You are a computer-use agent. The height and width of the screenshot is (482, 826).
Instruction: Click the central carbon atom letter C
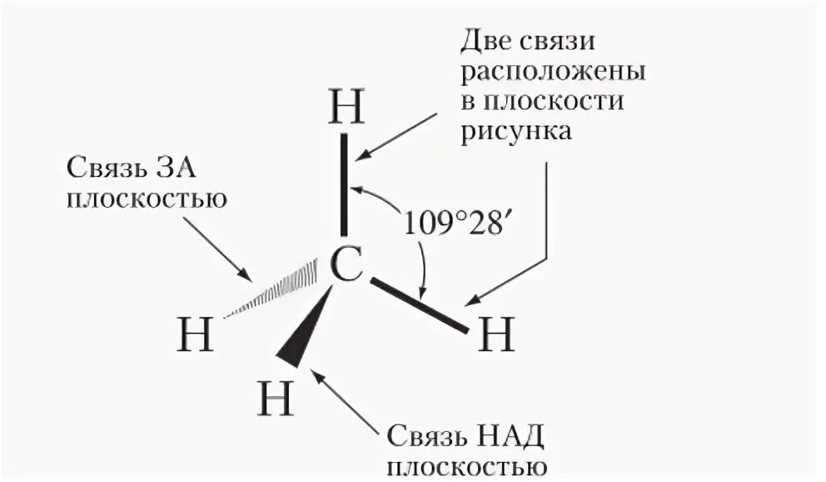point(346,265)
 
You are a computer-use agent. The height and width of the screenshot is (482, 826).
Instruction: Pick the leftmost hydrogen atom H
point(197,334)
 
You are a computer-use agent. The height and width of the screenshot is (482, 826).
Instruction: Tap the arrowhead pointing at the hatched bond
point(245,274)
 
